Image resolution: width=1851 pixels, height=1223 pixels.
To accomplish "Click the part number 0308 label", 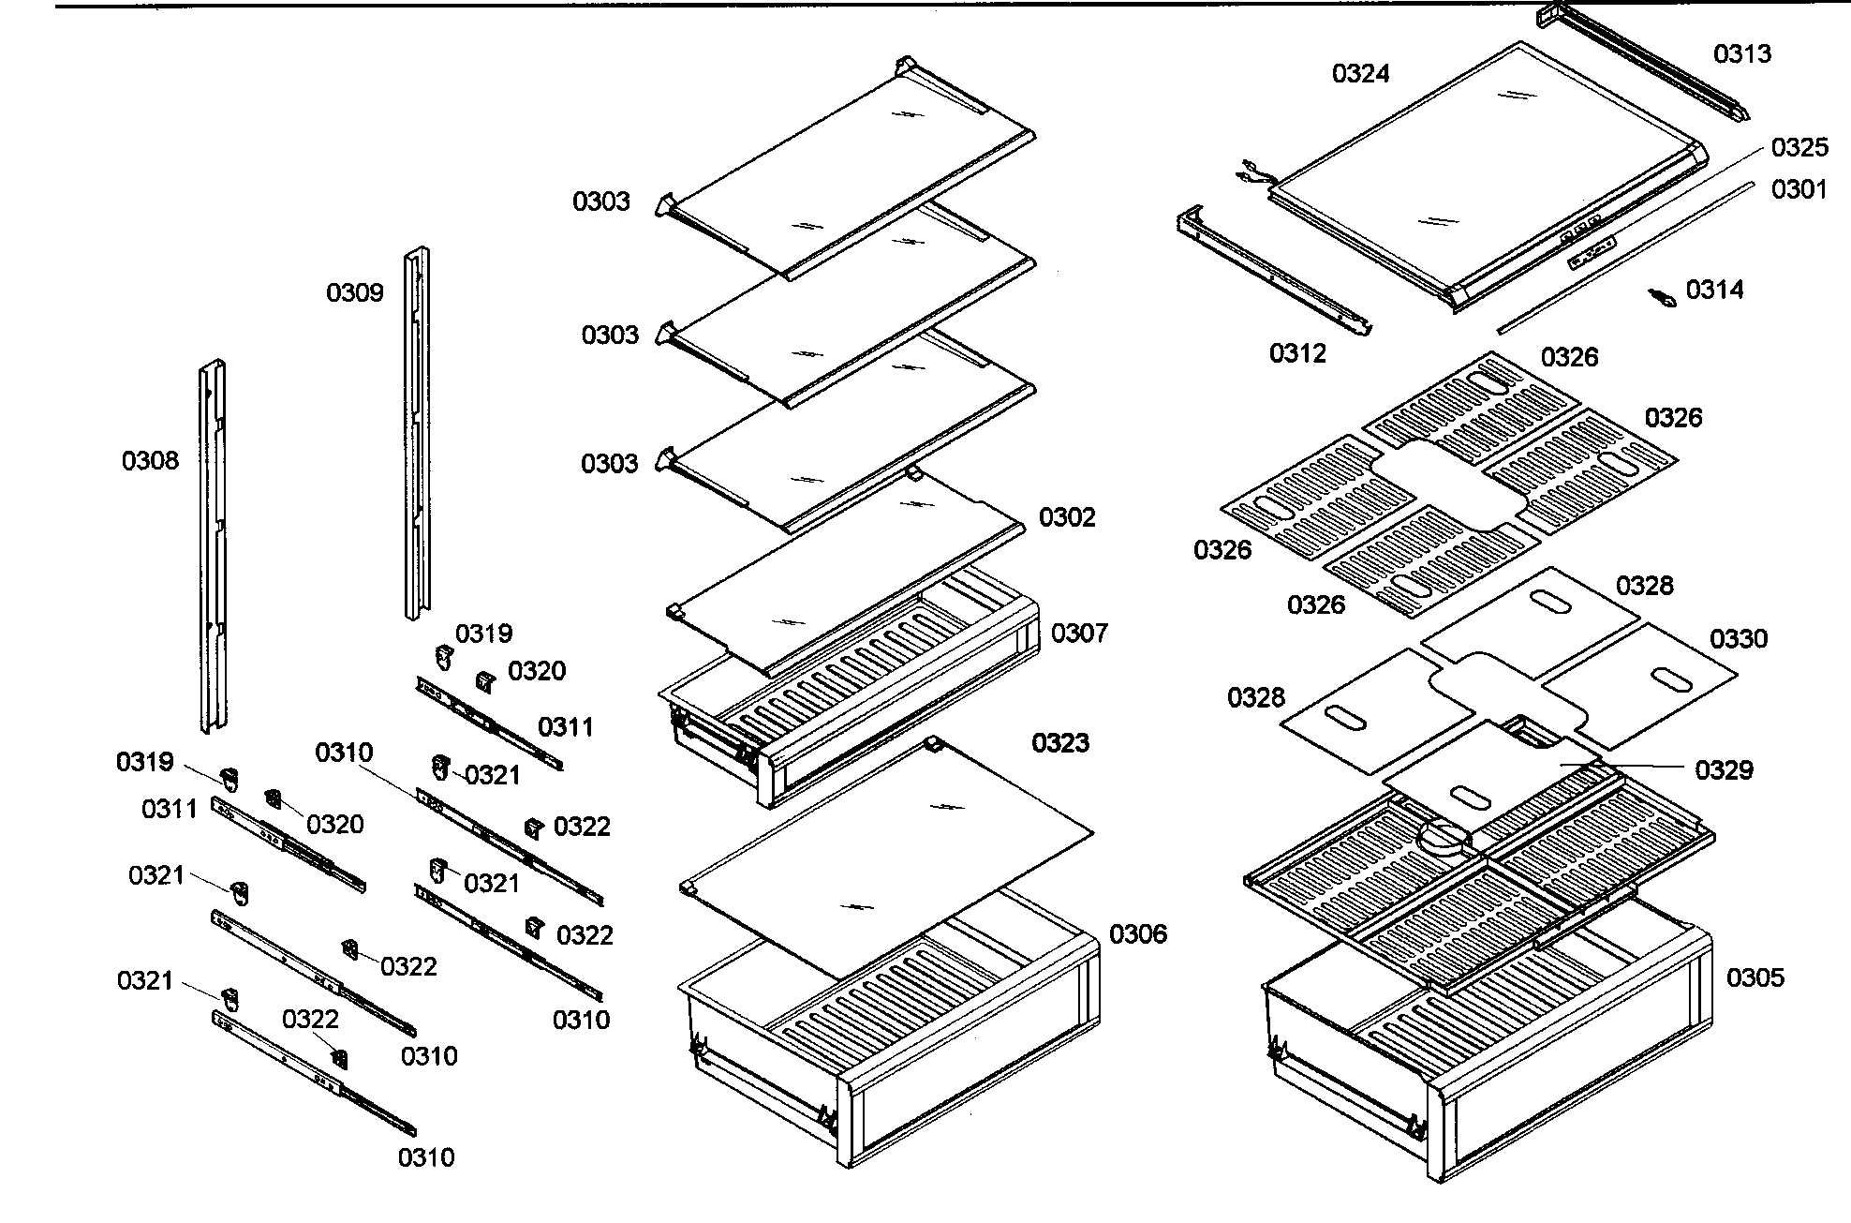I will tap(150, 460).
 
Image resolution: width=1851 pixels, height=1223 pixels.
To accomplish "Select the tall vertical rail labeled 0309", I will tap(418, 431).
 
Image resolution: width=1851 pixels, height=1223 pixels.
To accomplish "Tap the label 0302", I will tap(1067, 517).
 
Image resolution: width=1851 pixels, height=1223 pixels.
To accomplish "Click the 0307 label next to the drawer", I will tap(1079, 634).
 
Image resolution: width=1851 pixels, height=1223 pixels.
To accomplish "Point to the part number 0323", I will tap(1060, 743).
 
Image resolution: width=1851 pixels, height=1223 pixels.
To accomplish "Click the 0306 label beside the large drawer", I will tap(1138, 933).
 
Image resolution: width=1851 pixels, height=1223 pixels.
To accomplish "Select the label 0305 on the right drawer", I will tap(1755, 977).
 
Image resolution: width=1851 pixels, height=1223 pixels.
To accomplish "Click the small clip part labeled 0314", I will tap(1662, 297).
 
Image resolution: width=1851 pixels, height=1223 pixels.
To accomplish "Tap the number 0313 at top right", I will tap(1742, 54).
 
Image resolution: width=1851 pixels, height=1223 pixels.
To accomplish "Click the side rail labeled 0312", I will tap(1274, 272).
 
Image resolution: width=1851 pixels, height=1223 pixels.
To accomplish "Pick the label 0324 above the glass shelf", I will tap(1361, 73).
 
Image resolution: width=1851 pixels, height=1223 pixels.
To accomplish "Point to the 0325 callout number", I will tap(1799, 147).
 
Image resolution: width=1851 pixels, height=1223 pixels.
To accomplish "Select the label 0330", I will tap(1739, 639).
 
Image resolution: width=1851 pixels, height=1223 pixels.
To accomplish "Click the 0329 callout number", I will tap(1724, 770).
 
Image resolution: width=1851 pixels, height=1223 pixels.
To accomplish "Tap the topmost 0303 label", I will tap(601, 201).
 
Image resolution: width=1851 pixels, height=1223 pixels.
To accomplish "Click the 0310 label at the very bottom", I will tap(426, 1157).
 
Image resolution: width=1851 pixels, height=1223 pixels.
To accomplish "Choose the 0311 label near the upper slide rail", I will tap(565, 727).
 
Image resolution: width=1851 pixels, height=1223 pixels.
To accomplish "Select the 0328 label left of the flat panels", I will tap(1256, 697).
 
